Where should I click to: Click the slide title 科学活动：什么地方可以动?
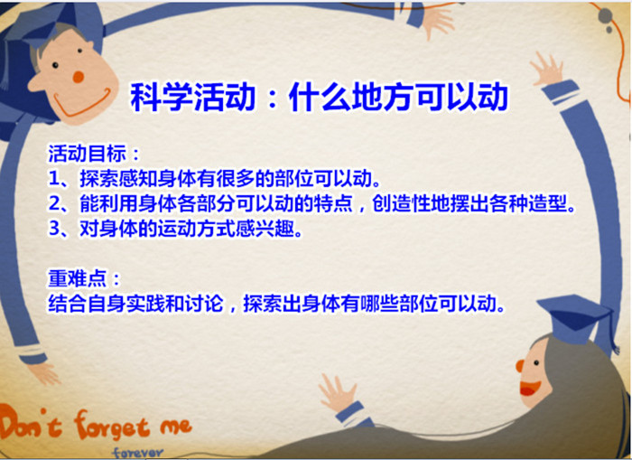(319, 97)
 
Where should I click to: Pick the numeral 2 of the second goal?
(55, 203)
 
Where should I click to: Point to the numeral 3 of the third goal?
(55, 229)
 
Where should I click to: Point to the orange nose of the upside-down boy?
(79, 77)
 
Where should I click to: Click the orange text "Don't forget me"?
(95, 425)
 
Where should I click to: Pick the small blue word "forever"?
(138, 453)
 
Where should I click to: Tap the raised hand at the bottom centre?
(338, 393)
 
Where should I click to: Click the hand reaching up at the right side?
(547, 68)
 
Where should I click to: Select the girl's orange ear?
(519, 366)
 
